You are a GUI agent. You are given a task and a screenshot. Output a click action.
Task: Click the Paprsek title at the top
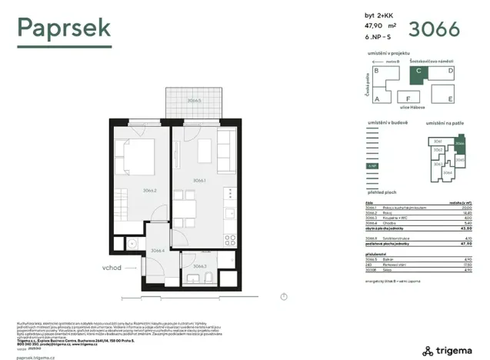[x=64, y=28]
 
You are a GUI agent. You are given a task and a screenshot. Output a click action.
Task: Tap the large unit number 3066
[x=434, y=28]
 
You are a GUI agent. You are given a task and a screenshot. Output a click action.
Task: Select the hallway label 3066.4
[x=158, y=250]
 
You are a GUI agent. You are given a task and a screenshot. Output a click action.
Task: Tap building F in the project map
[x=408, y=98]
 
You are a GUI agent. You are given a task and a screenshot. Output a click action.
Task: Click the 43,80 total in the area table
[x=465, y=229]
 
